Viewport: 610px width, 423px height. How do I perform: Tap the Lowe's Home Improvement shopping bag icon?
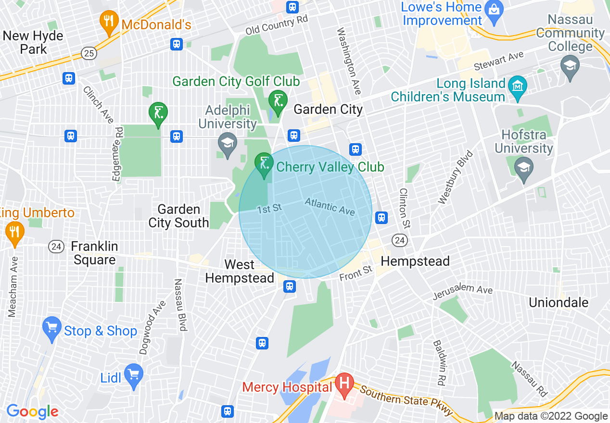494,8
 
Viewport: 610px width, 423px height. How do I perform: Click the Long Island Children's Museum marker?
518,87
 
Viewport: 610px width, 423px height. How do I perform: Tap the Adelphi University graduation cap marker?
227,143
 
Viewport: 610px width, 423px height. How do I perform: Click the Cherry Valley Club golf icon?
264,163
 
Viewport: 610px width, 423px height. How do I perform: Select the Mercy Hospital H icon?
344,384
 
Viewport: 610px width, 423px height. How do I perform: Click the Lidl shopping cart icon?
133,373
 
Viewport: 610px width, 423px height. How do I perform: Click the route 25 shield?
89,53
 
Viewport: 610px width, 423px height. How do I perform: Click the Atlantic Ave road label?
330,207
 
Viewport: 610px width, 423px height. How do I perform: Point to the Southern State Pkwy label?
407,401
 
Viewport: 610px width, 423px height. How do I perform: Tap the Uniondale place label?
558,302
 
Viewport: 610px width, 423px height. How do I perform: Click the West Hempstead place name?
240,271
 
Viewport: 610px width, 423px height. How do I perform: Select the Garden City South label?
178,216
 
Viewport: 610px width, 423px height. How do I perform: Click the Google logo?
32,411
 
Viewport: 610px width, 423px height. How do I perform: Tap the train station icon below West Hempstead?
289,287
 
